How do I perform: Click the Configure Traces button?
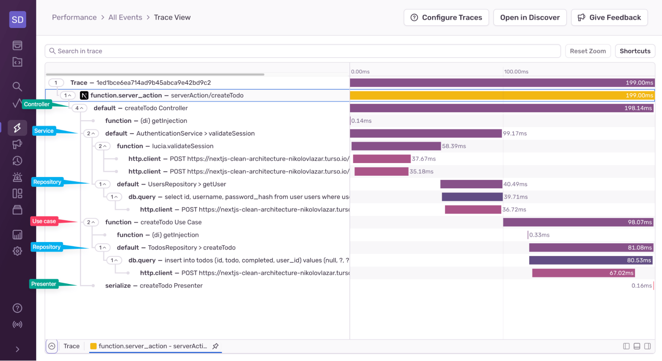click(446, 18)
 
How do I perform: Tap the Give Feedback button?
click(609, 18)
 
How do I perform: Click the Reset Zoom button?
click(587, 51)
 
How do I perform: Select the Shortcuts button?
click(635, 51)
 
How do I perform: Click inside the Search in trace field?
click(298, 51)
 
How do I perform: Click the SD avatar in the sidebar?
click(18, 20)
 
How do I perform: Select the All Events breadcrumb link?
click(125, 17)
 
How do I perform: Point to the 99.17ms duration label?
click(515, 134)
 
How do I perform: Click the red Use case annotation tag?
click(44, 221)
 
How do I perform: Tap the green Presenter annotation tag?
click(43, 284)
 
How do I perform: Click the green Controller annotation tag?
click(36, 104)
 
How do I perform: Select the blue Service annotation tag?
click(44, 131)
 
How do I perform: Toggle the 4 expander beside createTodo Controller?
click(79, 108)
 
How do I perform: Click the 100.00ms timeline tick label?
click(516, 72)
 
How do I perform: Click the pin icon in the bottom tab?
click(215, 346)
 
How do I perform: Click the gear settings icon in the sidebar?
click(17, 251)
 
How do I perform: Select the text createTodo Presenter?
click(171, 286)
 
